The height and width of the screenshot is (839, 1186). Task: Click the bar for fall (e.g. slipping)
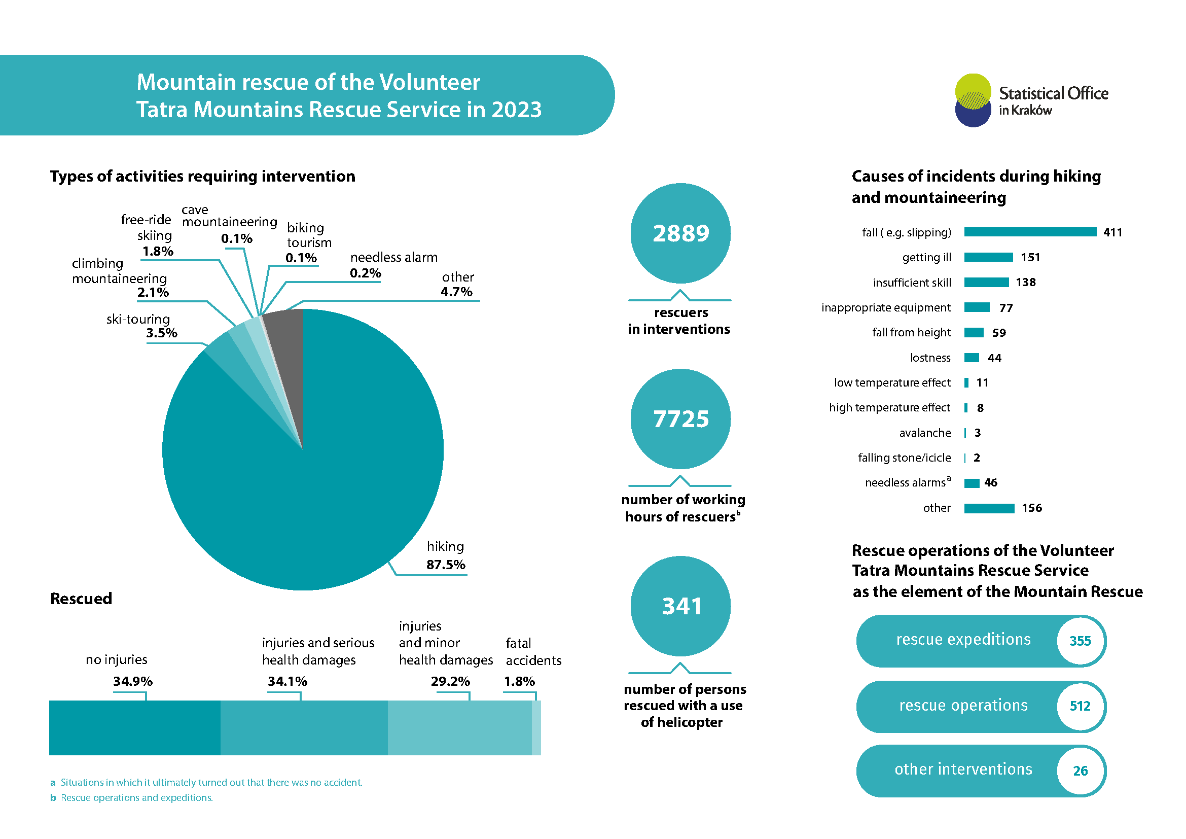1030,232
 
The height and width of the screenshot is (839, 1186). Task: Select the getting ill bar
988,257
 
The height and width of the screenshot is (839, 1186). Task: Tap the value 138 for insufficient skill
1025,283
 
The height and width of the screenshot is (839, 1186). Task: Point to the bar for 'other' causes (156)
989,508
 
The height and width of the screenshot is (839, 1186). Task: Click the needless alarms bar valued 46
972,483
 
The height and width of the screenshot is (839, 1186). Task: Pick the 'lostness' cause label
930,358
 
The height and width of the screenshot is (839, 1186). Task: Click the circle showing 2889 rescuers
680,233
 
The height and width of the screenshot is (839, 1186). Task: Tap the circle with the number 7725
680,419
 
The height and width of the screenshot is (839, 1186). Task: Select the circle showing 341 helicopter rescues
680,606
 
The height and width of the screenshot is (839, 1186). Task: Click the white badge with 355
1080,641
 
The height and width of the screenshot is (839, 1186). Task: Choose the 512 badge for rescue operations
1080,706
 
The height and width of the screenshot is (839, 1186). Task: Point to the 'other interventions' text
963,770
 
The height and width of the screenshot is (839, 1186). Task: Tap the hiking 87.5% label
445,555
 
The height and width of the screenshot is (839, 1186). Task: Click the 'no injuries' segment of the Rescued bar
135,727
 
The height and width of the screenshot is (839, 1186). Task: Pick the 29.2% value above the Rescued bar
450,681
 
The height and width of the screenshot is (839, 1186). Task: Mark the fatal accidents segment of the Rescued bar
536,727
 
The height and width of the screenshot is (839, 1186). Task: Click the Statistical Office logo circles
973,100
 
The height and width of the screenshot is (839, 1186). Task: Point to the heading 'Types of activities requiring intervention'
202,176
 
